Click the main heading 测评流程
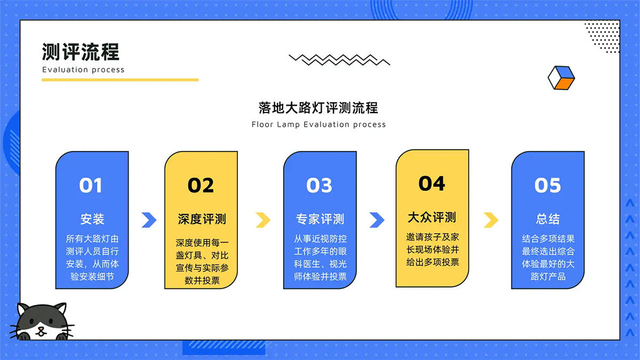click(81, 52)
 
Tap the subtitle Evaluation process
click(83, 69)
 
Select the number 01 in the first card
click(91, 185)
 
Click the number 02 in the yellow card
click(201, 185)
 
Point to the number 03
click(319, 185)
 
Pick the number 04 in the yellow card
click(431, 183)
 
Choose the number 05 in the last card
click(548, 185)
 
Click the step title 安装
click(92, 219)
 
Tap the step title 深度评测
click(202, 219)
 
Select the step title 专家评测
click(320, 219)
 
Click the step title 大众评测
click(432, 217)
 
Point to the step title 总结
click(548, 219)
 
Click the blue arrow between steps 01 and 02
click(149, 220)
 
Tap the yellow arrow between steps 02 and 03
click(263, 220)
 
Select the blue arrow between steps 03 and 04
click(377, 220)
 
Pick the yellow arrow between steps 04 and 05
click(491, 220)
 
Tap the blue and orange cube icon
click(561, 78)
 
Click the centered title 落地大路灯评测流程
click(318, 107)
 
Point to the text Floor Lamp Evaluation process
click(318, 124)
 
